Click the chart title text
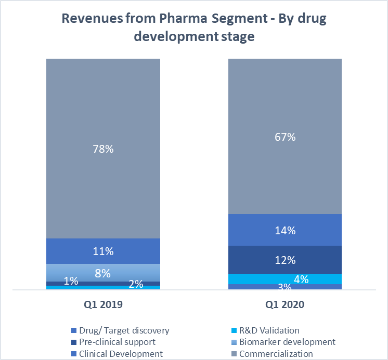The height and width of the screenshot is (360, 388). tap(194, 29)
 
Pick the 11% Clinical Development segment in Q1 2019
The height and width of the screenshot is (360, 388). tap(103, 251)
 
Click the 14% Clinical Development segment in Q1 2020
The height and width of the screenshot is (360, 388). tap(285, 230)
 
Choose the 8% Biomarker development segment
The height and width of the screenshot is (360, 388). tap(103, 272)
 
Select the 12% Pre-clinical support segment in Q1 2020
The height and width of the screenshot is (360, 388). tap(285, 260)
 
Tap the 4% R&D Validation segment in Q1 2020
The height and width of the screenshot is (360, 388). tap(285, 279)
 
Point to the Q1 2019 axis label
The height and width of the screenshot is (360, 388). tap(103, 305)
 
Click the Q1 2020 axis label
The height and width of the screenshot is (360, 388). tap(284, 305)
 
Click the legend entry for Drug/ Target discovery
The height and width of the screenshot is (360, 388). tap(124, 330)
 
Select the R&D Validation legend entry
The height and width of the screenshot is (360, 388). tap(269, 330)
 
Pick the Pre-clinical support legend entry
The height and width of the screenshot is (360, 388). tap(117, 342)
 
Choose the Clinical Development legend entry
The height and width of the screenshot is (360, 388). tap(121, 354)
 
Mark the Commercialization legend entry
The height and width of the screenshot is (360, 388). tap(276, 354)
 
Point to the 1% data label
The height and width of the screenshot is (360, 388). tap(71, 281)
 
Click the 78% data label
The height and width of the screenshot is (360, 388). tap(103, 149)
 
